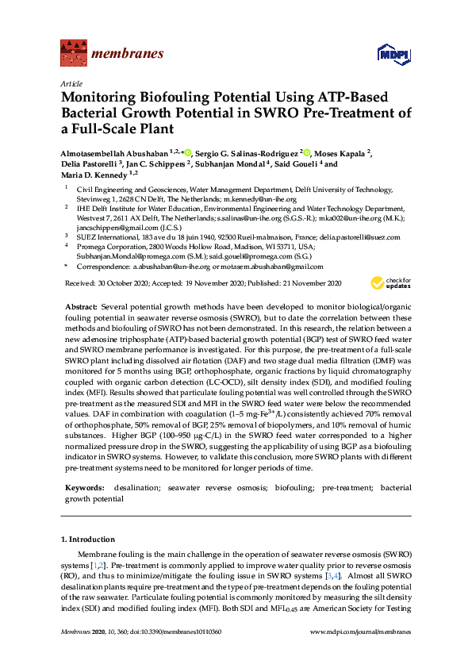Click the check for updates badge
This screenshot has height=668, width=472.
pyautogui.click(x=387, y=282)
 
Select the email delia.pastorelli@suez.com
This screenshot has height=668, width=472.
pyautogui.click(x=361, y=237)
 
